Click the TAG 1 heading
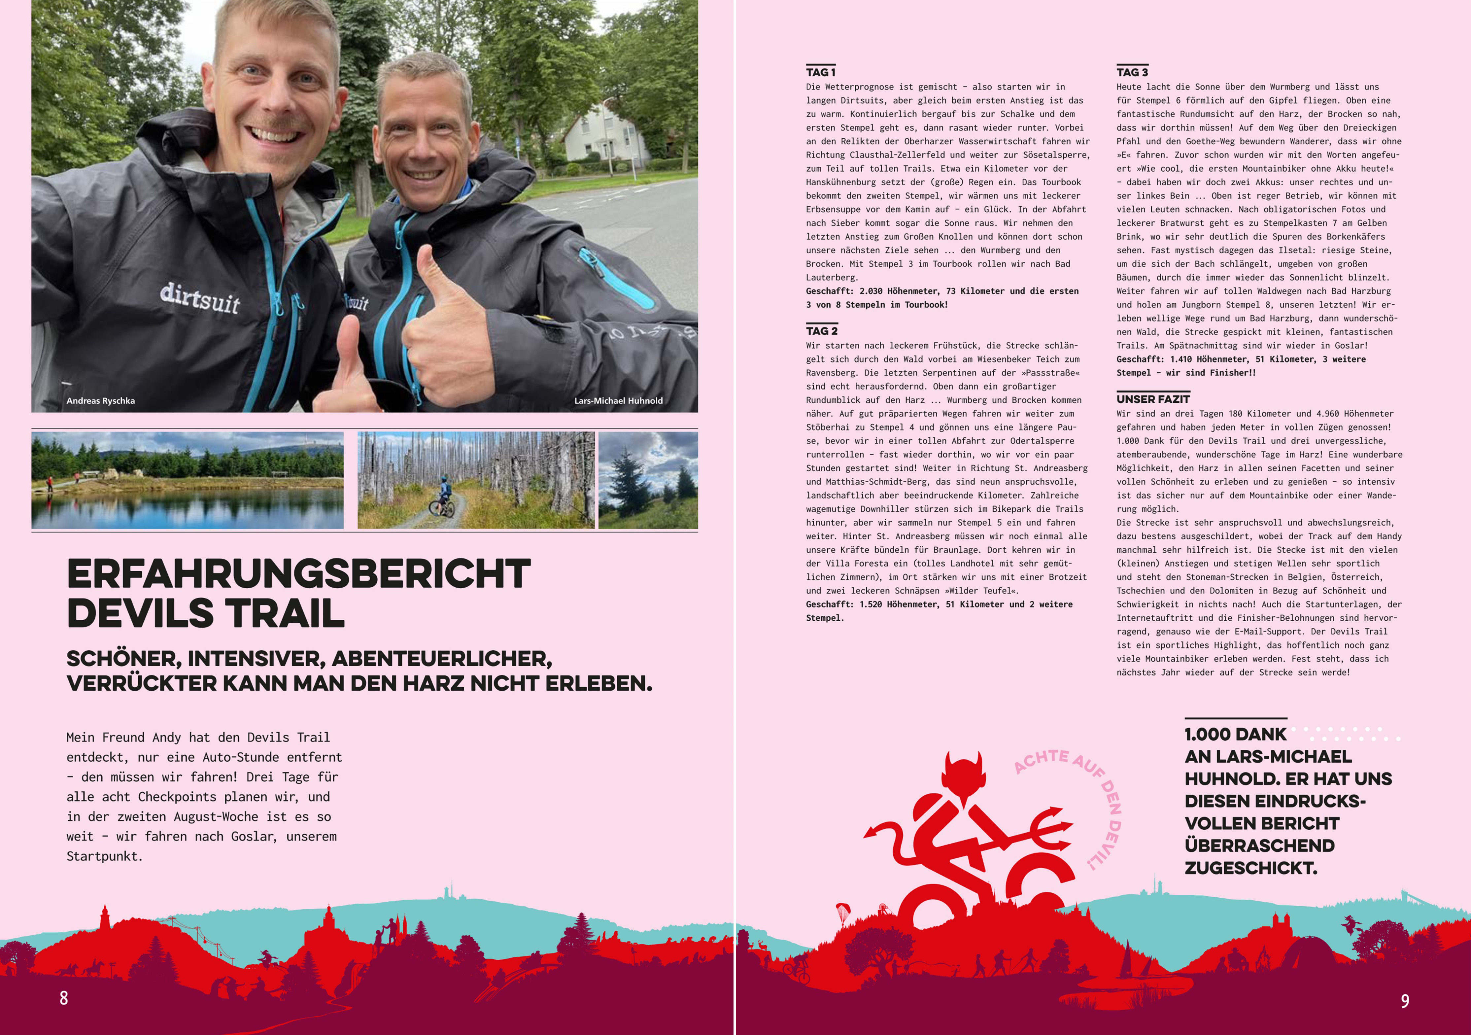click(x=821, y=72)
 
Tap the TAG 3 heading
click(x=1132, y=72)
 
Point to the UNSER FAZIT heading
click(x=1152, y=398)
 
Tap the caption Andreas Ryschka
click(x=101, y=400)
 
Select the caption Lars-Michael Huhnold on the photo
click(x=618, y=400)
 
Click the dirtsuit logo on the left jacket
click(x=200, y=298)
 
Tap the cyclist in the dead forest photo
click(x=443, y=497)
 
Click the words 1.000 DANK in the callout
click(x=1235, y=735)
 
